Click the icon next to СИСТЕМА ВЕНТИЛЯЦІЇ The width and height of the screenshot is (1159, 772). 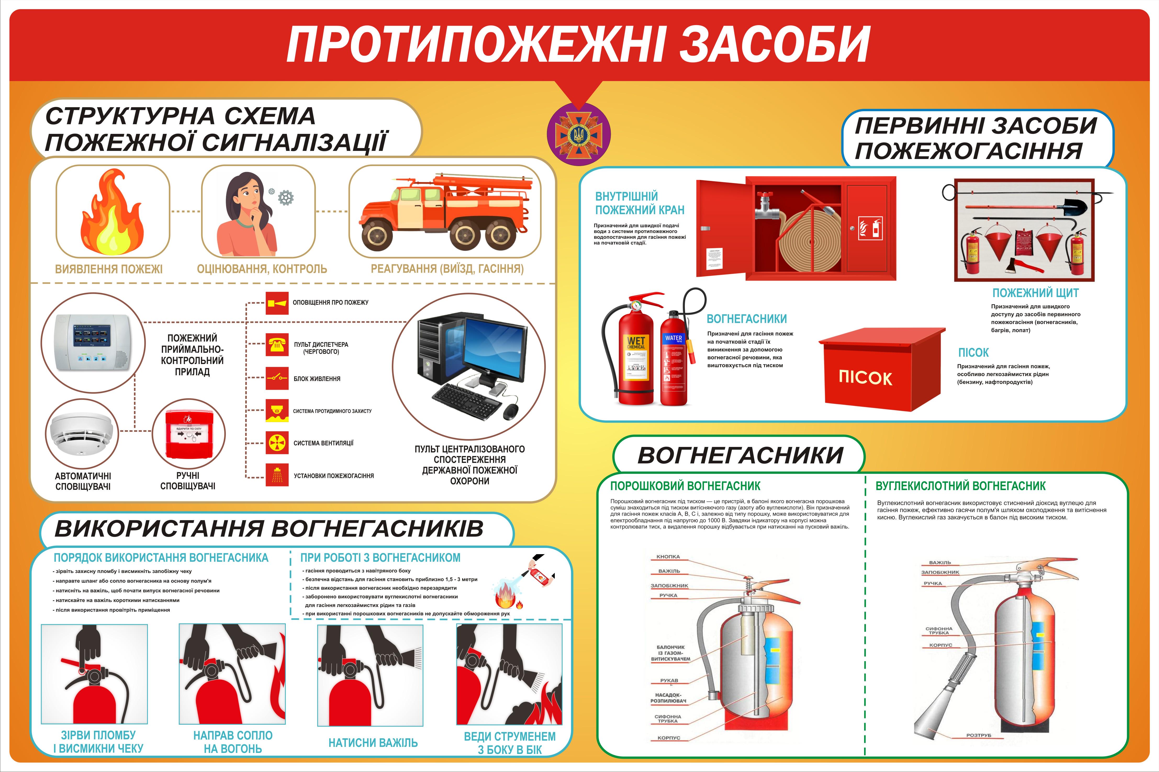[x=277, y=443]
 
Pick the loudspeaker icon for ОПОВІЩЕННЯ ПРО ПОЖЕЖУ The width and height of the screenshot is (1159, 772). [x=277, y=303]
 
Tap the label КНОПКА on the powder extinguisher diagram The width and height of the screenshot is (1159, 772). [x=668, y=557]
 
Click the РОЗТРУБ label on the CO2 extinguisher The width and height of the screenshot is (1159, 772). [x=978, y=735]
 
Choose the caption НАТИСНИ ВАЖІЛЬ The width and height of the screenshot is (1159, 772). [x=373, y=742]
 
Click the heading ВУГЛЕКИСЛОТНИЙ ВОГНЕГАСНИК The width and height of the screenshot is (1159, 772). [x=960, y=486]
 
